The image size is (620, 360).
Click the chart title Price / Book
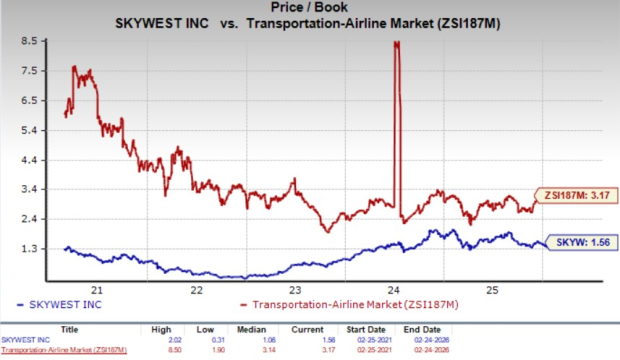click(310, 8)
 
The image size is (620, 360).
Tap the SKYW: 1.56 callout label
click(582, 242)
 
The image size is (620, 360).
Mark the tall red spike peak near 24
click(398, 43)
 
